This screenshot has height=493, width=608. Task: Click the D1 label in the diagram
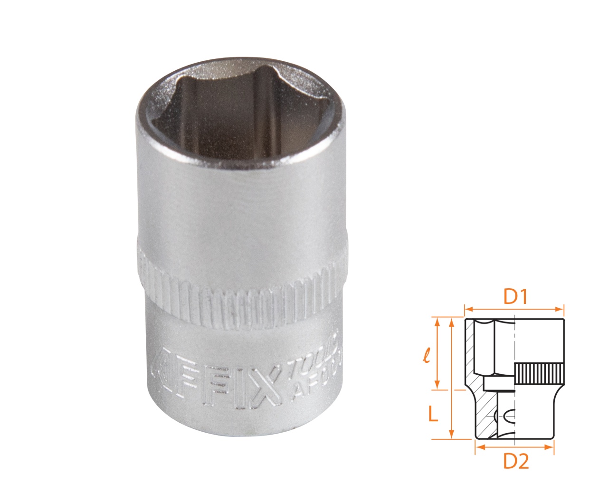coord(516,297)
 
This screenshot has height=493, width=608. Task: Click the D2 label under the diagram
coord(516,461)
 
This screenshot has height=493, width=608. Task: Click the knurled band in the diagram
coord(540,374)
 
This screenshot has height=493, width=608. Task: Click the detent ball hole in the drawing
coord(506,416)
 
